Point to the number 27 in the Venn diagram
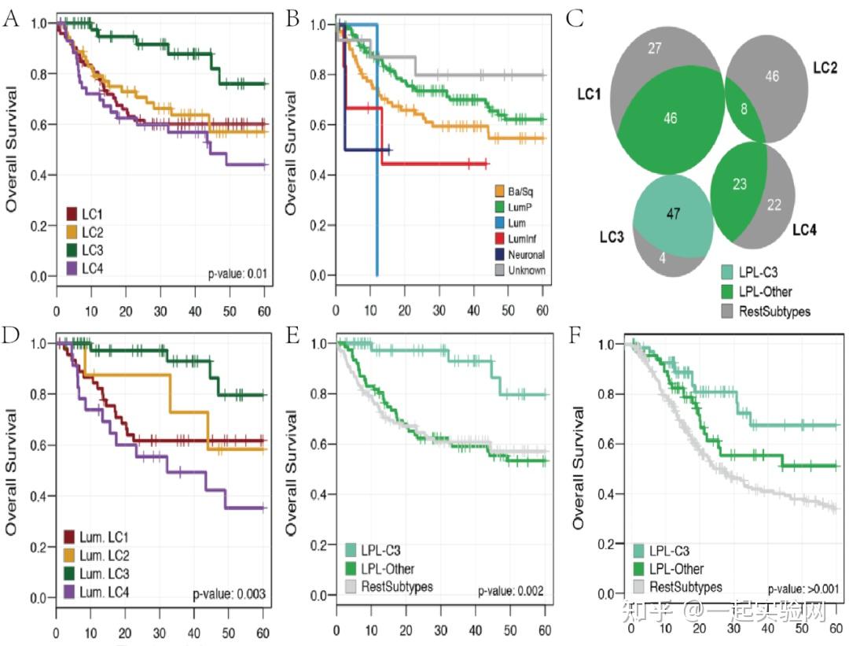coord(654,49)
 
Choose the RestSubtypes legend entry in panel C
coord(770,311)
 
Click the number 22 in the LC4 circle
coord(774,204)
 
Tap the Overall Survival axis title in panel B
coord(292,153)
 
